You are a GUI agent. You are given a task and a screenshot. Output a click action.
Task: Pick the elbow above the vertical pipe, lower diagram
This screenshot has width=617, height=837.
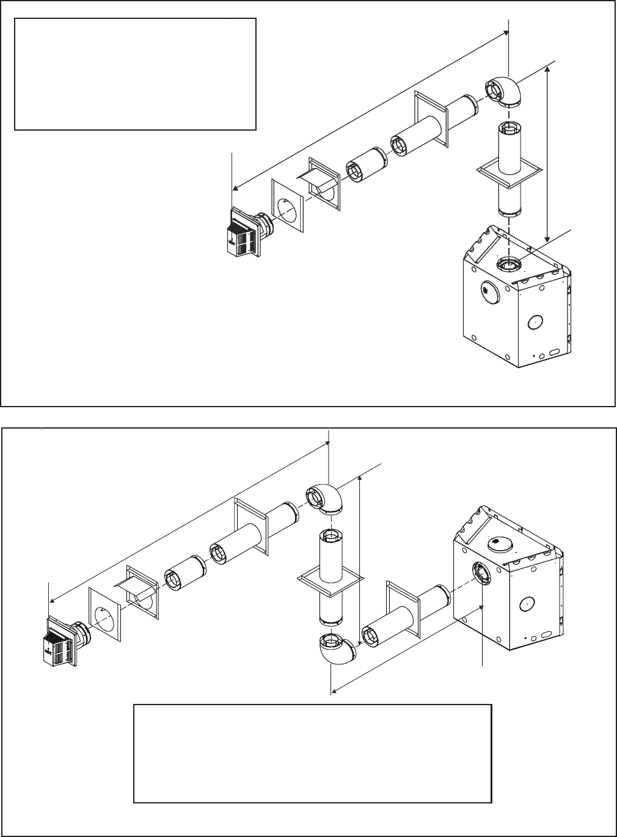(x=324, y=497)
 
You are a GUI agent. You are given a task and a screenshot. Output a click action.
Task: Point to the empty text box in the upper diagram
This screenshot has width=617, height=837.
(x=134, y=73)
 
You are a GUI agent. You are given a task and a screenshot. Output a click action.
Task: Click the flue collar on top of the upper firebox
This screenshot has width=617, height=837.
(x=509, y=264)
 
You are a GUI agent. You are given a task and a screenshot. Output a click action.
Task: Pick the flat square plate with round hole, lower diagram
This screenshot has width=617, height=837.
(x=105, y=614)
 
